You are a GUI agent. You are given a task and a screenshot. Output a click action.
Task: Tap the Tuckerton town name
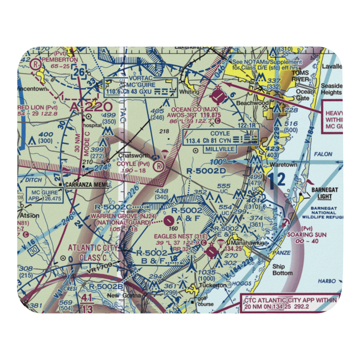point(213,285)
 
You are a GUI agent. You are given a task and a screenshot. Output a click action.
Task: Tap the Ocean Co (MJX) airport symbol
point(218,95)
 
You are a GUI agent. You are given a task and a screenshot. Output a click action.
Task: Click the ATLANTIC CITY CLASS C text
point(93,251)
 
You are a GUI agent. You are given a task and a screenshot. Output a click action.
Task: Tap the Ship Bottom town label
point(282,270)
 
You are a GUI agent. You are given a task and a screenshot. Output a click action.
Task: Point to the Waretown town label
point(284,165)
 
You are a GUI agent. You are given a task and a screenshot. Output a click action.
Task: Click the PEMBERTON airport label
point(59,60)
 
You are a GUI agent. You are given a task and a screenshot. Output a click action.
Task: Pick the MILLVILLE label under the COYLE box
point(220,149)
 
